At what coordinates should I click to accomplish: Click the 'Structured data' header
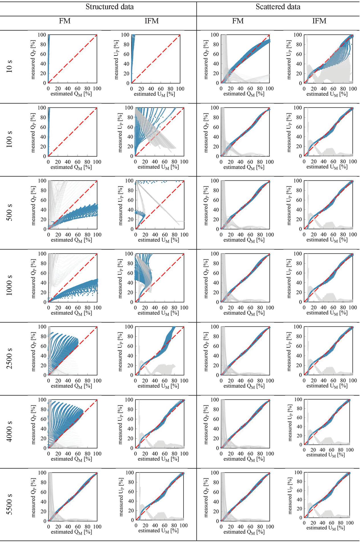pyautogui.click(x=109, y=7)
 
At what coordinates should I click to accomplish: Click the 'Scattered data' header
pyautogui.click(x=278, y=7)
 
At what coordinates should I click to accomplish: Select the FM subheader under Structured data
pyautogui.click(x=65, y=21)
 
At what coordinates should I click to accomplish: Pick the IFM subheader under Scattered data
pyautogui.click(x=319, y=21)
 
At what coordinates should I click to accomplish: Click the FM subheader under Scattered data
pyautogui.click(x=238, y=21)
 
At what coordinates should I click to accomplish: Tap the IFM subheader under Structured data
pyautogui.click(x=152, y=21)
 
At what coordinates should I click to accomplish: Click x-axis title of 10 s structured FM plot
pyautogui.click(x=71, y=94)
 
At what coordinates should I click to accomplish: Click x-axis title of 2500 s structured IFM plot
pyautogui.click(x=158, y=386)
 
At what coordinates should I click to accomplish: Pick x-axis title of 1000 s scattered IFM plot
pyautogui.click(x=327, y=313)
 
